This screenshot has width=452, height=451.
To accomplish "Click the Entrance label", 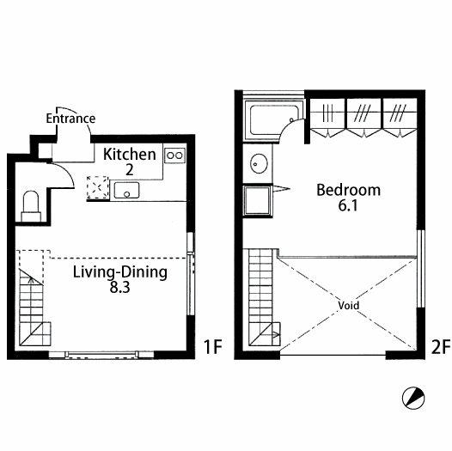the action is click(x=70, y=119).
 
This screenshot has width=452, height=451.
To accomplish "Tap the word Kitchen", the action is click(x=130, y=155).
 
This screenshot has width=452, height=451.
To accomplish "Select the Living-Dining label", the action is click(x=120, y=272).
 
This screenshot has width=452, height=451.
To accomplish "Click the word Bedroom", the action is click(x=349, y=190).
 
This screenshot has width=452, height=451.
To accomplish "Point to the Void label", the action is click(x=349, y=306).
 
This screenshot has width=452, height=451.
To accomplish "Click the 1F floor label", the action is click(x=213, y=347).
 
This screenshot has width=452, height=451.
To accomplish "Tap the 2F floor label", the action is click(x=441, y=347).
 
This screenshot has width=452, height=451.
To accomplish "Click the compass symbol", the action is click(x=413, y=398).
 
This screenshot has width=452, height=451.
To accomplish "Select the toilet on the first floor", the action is click(x=31, y=206).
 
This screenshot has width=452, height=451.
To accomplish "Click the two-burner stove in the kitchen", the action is click(x=175, y=155).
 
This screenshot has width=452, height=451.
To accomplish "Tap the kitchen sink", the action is click(x=126, y=191).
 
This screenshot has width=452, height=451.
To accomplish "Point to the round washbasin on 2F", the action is click(x=259, y=164).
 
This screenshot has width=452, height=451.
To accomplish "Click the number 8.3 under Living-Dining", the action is click(x=120, y=287).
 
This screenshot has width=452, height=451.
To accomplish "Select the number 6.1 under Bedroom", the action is click(x=348, y=205).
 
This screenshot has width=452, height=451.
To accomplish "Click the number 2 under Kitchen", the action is click(x=130, y=170).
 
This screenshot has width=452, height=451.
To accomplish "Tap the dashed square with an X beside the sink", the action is click(x=98, y=187).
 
